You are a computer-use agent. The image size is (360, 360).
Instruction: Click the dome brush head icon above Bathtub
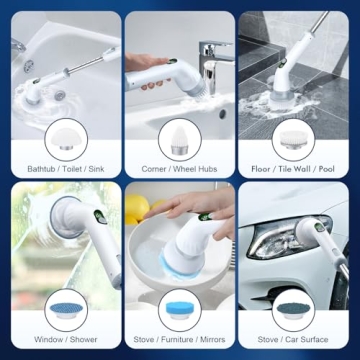pos(62,136)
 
